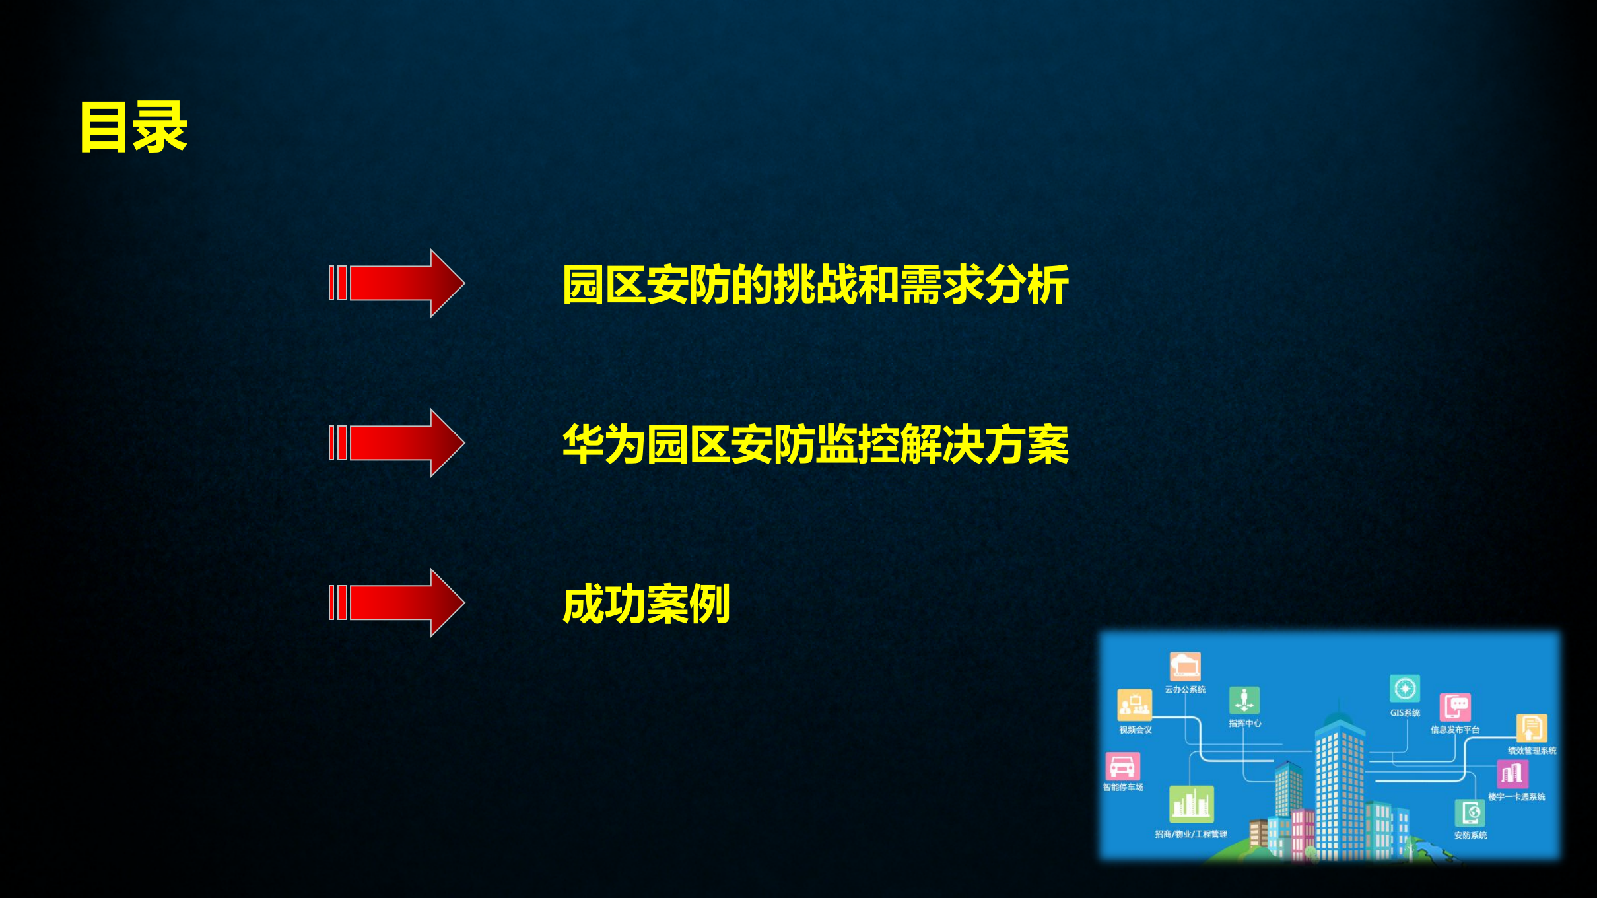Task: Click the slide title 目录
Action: pyautogui.click(x=133, y=127)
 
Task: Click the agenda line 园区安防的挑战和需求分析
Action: pyautogui.click(x=815, y=285)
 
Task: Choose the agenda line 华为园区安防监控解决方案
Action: pyautogui.click(x=815, y=444)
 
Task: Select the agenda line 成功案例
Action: pyautogui.click(x=646, y=604)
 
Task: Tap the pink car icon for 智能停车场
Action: pyautogui.click(x=1122, y=767)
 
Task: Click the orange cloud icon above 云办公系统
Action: pyautogui.click(x=1185, y=666)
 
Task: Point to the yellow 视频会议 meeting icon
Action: pyautogui.click(x=1134, y=705)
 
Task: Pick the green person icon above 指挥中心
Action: pyautogui.click(x=1244, y=701)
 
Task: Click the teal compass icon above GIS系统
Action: pyautogui.click(x=1404, y=689)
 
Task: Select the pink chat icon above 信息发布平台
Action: pyautogui.click(x=1455, y=708)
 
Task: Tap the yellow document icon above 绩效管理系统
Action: pyautogui.click(x=1531, y=729)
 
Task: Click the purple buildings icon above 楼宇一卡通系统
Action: pyautogui.click(x=1512, y=773)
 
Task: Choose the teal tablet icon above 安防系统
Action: pyautogui.click(x=1470, y=813)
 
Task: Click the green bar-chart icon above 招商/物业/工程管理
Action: pyautogui.click(x=1191, y=804)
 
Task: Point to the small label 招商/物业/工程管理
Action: pyautogui.click(x=1191, y=834)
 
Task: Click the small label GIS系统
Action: pyautogui.click(x=1405, y=713)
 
